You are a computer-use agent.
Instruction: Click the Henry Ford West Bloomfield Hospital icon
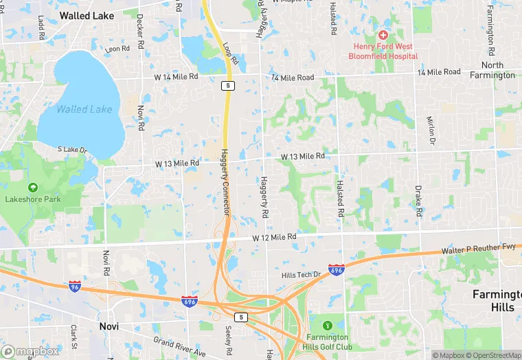click(x=383, y=35)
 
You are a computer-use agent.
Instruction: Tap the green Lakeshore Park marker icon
click(x=32, y=188)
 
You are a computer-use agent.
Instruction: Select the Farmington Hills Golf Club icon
click(x=328, y=325)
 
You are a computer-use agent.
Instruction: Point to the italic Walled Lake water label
click(x=76, y=109)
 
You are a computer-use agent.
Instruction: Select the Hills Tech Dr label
click(x=301, y=275)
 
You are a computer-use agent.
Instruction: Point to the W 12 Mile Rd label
click(x=274, y=237)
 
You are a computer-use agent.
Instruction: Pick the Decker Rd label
click(x=140, y=25)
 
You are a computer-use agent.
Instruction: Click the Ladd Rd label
click(x=41, y=27)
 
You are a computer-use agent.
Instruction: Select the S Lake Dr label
click(x=73, y=150)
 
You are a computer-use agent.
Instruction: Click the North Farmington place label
click(x=492, y=70)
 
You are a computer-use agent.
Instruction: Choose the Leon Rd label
click(x=117, y=49)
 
